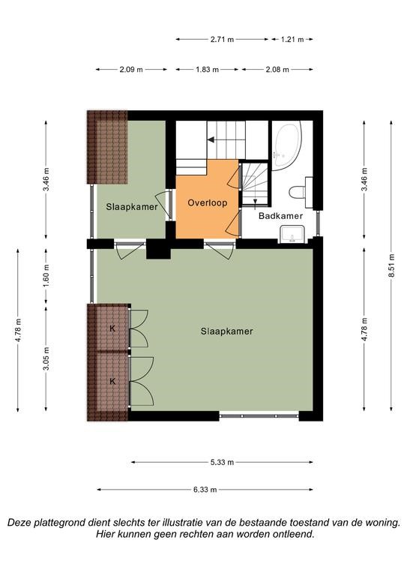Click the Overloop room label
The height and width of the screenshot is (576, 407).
[x=208, y=202]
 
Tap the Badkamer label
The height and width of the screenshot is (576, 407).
[x=281, y=216]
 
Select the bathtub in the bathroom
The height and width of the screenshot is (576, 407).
[x=287, y=145]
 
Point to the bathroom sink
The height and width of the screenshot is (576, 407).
[x=292, y=234]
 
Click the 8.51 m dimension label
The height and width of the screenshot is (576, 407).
[x=391, y=266]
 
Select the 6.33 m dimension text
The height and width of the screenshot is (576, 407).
[x=205, y=489]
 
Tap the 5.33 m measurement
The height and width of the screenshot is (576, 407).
[x=222, y=462]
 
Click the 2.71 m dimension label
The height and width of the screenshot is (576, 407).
[x=222, y=39]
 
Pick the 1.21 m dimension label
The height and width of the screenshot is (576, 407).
[x=292, y=39]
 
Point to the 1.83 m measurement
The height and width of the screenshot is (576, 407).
[x=207, y=70]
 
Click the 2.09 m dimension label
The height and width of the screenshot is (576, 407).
[x=131, y=70]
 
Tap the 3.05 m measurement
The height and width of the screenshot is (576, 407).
[x=46, y=358]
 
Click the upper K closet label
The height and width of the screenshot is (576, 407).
[x=112, y=328]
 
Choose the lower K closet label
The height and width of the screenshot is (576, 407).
[x=112, y=381]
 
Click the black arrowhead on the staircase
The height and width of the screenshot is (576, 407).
[x=211, y=139]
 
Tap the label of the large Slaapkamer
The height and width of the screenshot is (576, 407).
[x=227, y=331]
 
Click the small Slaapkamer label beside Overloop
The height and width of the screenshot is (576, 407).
[x=132, y=207]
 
